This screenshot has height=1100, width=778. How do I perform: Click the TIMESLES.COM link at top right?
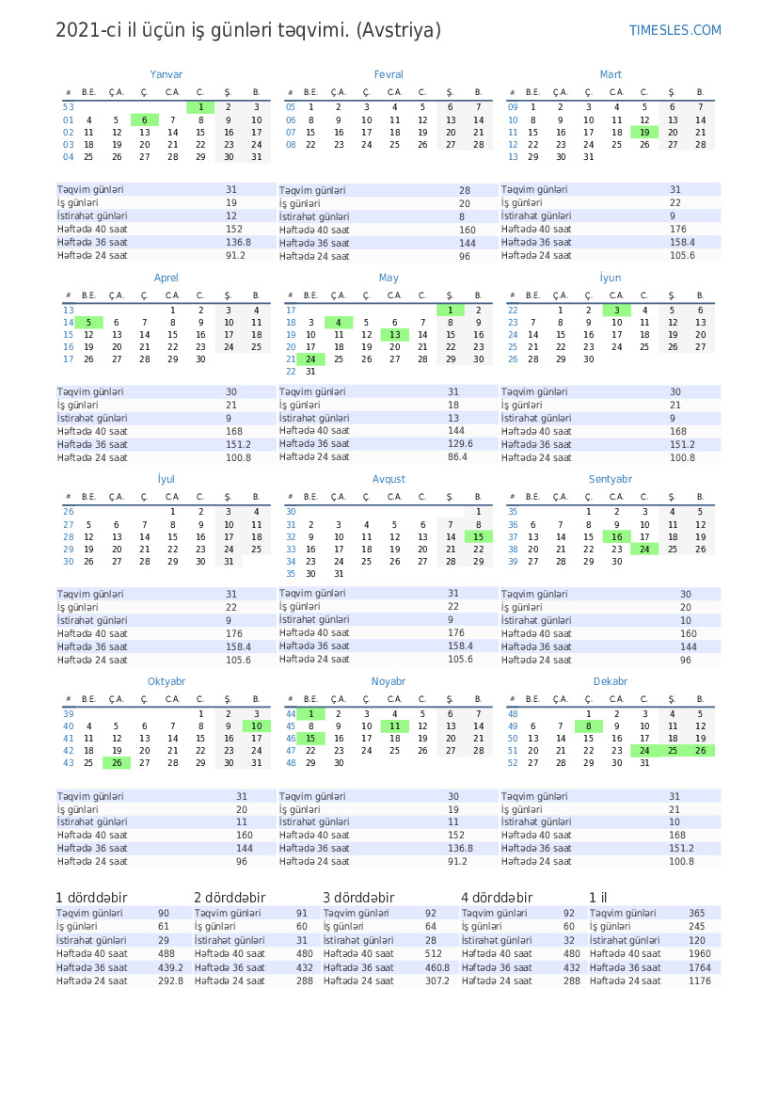click(675, 31)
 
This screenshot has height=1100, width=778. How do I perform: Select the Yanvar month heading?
click(167, 74)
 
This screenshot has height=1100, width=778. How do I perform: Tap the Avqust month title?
click(389, 479)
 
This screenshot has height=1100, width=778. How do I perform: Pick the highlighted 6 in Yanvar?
click(145, 120)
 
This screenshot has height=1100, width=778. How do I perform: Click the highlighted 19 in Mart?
click(644, 133)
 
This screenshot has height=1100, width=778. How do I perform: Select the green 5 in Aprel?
click(88, 323)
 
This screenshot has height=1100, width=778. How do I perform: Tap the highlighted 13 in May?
click(395, 335)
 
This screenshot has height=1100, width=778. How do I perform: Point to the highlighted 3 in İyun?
click(616, 311)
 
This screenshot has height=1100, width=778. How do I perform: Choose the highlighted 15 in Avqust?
click(479, 537)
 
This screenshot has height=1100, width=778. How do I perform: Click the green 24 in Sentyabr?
click(644, 550)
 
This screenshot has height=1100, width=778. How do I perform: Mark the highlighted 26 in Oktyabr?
click(117, 763)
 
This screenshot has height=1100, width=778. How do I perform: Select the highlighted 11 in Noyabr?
click(395, 726)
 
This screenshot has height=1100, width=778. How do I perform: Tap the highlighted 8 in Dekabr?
click(589, 726)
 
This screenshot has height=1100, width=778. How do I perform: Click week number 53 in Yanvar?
click(69, 107)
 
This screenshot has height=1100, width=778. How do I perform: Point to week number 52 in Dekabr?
click(513, 763)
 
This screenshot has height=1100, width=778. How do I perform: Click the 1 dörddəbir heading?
click(91, 898)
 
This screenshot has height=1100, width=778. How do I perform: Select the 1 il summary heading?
click(599, 898)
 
